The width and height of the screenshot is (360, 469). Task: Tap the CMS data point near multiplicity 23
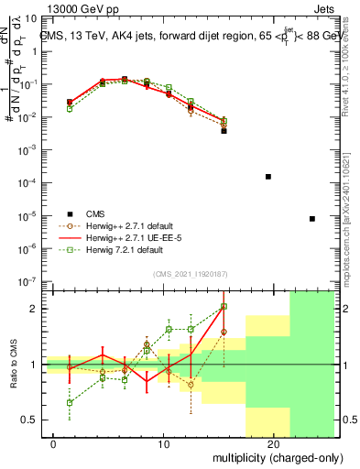tap(312, 219)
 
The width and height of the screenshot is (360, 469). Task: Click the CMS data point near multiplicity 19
tap(268, 176)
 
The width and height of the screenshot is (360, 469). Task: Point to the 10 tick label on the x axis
tap(164, 444)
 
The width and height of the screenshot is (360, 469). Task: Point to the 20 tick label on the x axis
tap(273, 444)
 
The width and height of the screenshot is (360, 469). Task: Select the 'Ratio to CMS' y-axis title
tap(11, 364)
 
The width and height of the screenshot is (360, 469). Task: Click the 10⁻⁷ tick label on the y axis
tap(33, 283)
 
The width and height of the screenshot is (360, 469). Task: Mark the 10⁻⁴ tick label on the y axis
tap(33, 183)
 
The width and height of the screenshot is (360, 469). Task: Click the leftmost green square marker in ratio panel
tap(70, 402)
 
